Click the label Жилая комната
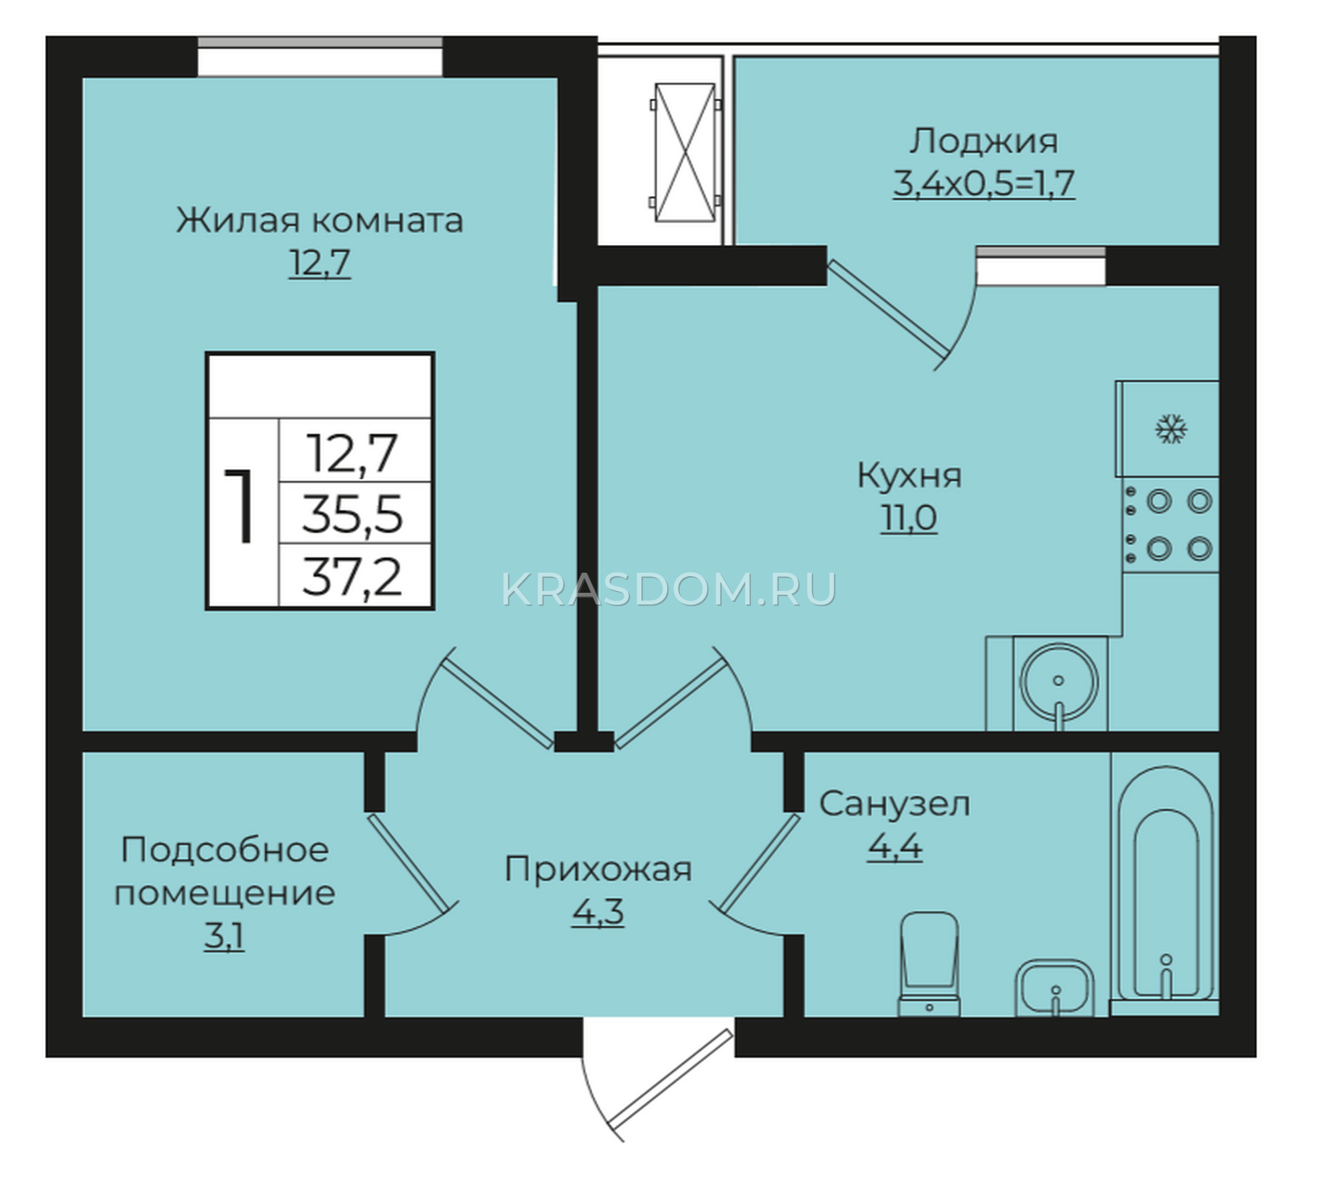pos(319,221)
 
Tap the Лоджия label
pos(983,141)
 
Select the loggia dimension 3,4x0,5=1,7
pos(983,183)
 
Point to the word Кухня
pos(909,476)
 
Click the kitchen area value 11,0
pos(909,518)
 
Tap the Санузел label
pos(894,804)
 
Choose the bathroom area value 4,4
pos(895,847)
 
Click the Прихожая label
pos(598,869)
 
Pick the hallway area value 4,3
pos(598,912)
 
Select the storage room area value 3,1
pos(224,936)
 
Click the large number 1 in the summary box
pos(241,506)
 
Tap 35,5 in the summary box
pos(352,514)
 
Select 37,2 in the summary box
pos(352,577)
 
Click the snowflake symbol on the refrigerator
pos(1171,430)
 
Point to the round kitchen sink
pos(1059,681)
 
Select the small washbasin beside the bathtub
pos(1055,988)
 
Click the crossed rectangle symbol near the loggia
pos(685,152)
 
